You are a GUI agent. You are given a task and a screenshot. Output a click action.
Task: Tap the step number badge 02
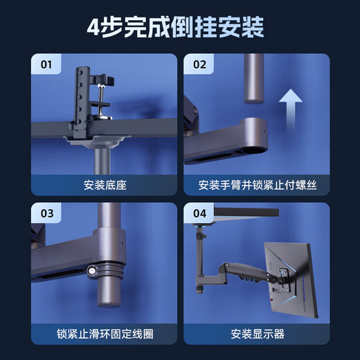(199, 66)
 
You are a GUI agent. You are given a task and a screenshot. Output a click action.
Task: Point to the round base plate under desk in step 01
(100, 141)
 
